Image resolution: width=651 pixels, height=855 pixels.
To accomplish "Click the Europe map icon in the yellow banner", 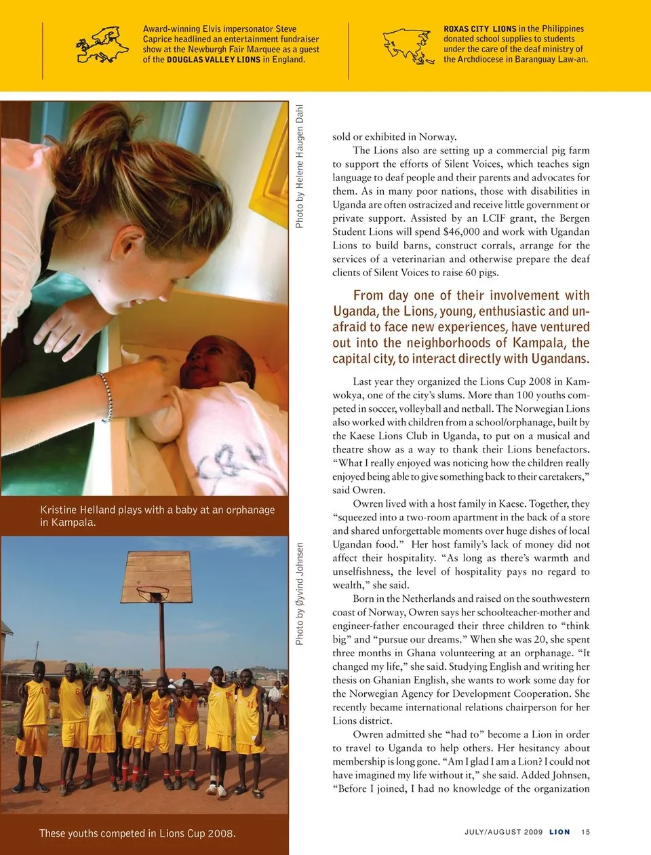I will [102, 45].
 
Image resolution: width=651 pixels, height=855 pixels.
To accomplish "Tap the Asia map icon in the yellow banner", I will [408, 45].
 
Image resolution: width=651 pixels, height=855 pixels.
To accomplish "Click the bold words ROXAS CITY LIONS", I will [479, 29].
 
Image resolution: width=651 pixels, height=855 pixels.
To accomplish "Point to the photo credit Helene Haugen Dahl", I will [300, 166].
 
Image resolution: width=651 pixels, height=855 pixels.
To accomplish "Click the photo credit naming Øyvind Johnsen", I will [300, 593].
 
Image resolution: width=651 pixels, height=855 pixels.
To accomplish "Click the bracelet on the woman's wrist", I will [106, 396].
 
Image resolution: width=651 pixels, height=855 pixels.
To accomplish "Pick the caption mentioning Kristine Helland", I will [157, 516].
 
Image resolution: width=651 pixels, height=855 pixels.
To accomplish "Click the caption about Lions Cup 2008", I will [138, 833].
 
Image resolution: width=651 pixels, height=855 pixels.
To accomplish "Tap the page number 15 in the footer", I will [586, 832].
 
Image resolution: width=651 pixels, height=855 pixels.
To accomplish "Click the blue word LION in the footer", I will [559, 832].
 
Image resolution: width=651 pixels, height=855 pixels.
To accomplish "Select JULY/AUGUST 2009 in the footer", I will [503, 832].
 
